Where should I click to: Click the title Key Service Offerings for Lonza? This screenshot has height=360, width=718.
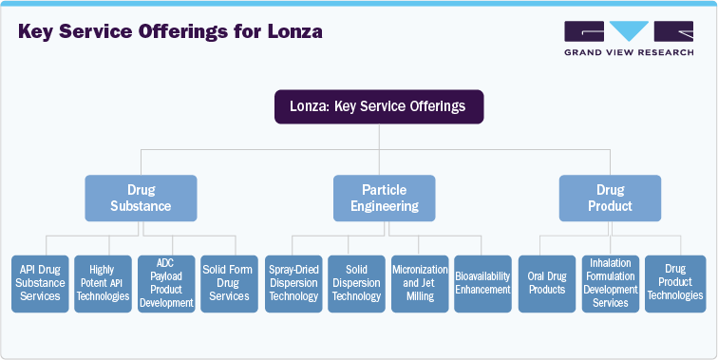pos(171,31)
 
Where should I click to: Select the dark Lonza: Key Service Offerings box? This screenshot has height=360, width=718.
pos(379,106)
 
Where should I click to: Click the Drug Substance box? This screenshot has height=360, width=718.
pos(142,198)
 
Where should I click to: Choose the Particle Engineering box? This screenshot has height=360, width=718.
pos(384,198)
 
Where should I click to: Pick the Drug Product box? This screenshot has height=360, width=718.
pos(609,198)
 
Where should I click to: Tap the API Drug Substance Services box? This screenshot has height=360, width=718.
pos(40,283)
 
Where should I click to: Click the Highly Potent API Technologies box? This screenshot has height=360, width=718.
pos(103,283)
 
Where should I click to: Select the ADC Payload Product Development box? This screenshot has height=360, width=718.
pos(166,283)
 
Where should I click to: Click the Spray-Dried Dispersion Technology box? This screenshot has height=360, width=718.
pos(293,283)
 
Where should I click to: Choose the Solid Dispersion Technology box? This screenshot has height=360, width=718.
pos(356,283)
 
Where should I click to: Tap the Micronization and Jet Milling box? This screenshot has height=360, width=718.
pos(419,283)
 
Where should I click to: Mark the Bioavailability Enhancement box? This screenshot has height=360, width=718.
pos(482,283)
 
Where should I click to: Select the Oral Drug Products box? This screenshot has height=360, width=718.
pos(546,283)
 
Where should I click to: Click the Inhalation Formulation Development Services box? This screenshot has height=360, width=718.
pos(610,283)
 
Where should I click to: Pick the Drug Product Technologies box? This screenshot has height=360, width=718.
pos(675,283)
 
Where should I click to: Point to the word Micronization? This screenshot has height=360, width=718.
pos(419,270)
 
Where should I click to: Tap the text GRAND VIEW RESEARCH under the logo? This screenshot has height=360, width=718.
pos(627,52)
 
